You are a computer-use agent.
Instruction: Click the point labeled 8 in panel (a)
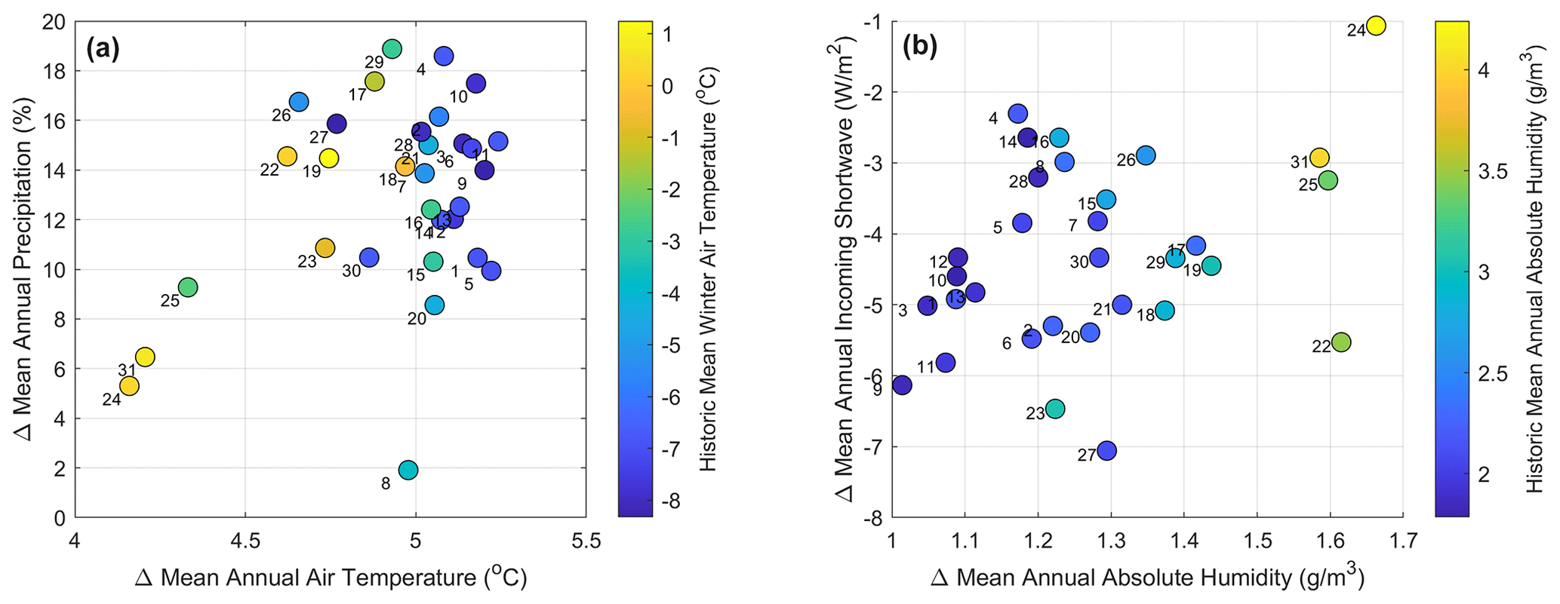pos(408,470)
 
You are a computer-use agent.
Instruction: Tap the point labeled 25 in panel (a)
pos(188,287)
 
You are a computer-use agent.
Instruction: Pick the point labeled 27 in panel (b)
pos(1106,451)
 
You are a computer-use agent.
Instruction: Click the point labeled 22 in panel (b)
pos(1340,342)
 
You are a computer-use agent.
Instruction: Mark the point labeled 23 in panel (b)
pos(1055,409)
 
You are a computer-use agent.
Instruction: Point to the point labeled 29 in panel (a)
pos(392,49)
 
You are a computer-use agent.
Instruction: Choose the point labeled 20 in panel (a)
pos(434,305)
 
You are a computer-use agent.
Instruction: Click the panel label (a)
pos(103,49)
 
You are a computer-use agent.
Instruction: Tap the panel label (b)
pos(920,47)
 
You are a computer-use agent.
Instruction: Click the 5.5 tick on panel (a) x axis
pos(586,541)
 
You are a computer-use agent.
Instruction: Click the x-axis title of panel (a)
pos(331,578)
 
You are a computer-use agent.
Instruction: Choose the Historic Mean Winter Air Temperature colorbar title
pos(708,269)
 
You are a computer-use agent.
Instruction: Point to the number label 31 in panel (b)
pos(1299,162)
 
